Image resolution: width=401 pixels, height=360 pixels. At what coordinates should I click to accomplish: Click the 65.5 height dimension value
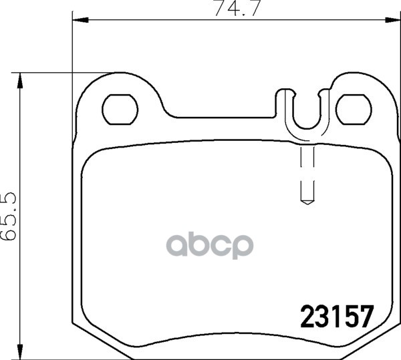pyautogui.click(x=9, y=216)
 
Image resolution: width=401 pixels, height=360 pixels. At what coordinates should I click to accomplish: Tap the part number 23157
pyautogui.click(x=338, y=317)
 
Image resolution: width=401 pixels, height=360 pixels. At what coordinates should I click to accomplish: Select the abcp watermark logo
pyautogui.click(x=210, y=244)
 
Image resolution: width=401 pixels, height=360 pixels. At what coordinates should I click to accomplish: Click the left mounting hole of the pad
pyautogui.click(x=120, y=110)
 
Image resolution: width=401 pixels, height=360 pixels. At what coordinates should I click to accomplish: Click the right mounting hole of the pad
pyautogui.click(x=354, y=110)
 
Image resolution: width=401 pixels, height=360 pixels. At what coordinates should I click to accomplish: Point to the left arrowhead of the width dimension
pyautogui.click(x=81, y=19)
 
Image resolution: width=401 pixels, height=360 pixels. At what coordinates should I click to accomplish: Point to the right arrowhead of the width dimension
pyautogui.click(x=393, y=19)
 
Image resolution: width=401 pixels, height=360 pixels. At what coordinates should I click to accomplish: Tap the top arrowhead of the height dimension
pyautogui.click(x=19, y=81)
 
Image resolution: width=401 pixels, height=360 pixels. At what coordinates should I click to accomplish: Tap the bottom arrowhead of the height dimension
pyautogui.click(x=19, y=352)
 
